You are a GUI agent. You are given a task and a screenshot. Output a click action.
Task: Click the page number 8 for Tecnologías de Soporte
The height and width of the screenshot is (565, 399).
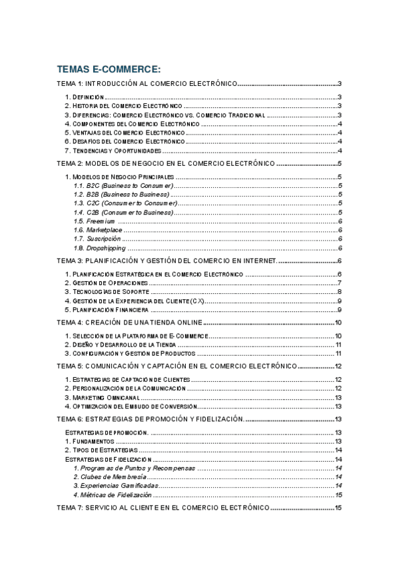tap(339, 292)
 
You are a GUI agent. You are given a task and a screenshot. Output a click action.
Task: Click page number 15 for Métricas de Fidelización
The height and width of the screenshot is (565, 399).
tap(338, 495)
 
